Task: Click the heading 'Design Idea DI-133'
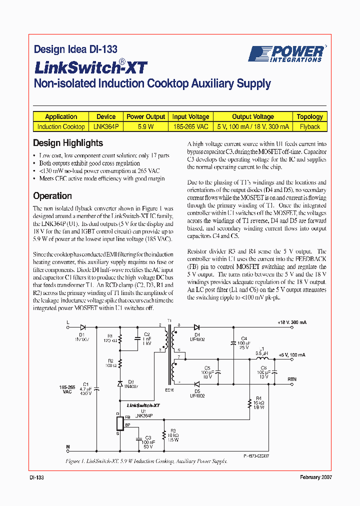pyautogui.click(x=75, y=49)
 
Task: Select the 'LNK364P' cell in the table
pyautogui.click(x=106, y=126)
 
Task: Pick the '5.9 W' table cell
pyautogui.click(x=145, y=126)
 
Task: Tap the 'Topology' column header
pyautogui.click(x=309, y=116)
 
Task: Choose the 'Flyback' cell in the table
pyautogui.click(x=309, y=126)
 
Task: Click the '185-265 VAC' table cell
pyautogui.click(x=190, y=126)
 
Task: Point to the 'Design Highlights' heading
pyautogui.click(x=68, y=143)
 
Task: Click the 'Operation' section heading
pyautogui.click(x=52, y=196)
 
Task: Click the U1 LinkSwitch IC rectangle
pyautogui.click(x=119, y=423)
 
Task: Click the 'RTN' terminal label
pyautogui.click(x=291, y=379)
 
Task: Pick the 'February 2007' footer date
pyautogui.click(x=316, y=477)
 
